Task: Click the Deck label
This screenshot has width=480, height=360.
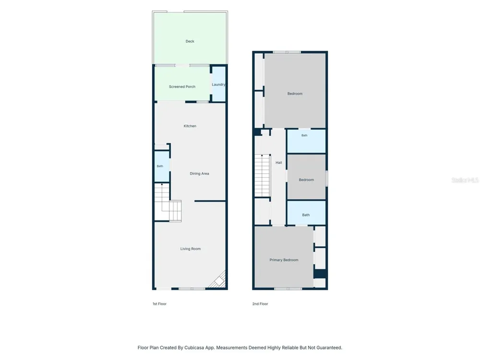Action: tap(190, 41)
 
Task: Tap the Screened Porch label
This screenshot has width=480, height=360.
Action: tap(182, 86)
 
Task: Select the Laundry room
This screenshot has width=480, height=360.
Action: tap(219, 84)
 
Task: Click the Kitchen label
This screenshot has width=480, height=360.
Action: tap(190, 126)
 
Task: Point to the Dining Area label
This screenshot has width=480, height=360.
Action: tap(199, 174)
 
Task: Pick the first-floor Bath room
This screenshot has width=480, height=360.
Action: tap(162, 166)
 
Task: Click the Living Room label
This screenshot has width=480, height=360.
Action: tap(191, 249)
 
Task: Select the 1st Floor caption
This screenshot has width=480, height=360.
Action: tap(159, 304)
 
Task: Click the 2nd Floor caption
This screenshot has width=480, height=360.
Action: tap(260, 304)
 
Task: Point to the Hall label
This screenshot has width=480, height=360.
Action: tap(278, 163)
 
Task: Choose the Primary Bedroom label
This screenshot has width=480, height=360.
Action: tap(284, 260)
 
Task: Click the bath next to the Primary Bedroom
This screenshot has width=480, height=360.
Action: tap(306, 213)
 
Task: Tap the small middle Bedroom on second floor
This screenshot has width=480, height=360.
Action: tap(306, 177)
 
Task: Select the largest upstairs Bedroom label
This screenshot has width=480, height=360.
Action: tap(295, 94)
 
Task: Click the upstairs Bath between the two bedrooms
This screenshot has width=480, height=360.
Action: tap(306, 141)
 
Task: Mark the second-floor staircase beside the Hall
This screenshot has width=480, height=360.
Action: tap(263, 175)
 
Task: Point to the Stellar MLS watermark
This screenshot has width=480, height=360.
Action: tap(465, 180)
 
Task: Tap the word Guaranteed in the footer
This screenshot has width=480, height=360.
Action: tap(328, 348)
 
